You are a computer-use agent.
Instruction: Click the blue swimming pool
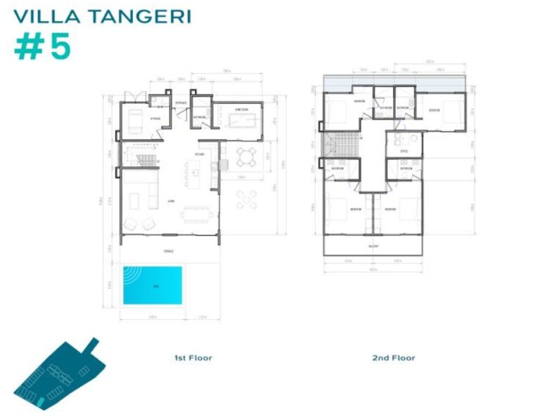[153, 285]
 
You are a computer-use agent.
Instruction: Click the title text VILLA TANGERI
[103, 15]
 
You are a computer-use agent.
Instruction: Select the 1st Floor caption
[193, 358]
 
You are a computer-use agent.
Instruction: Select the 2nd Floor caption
[394, 358]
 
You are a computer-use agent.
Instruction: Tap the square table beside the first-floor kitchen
[245, 156]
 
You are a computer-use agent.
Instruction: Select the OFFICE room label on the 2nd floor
[404, 150]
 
